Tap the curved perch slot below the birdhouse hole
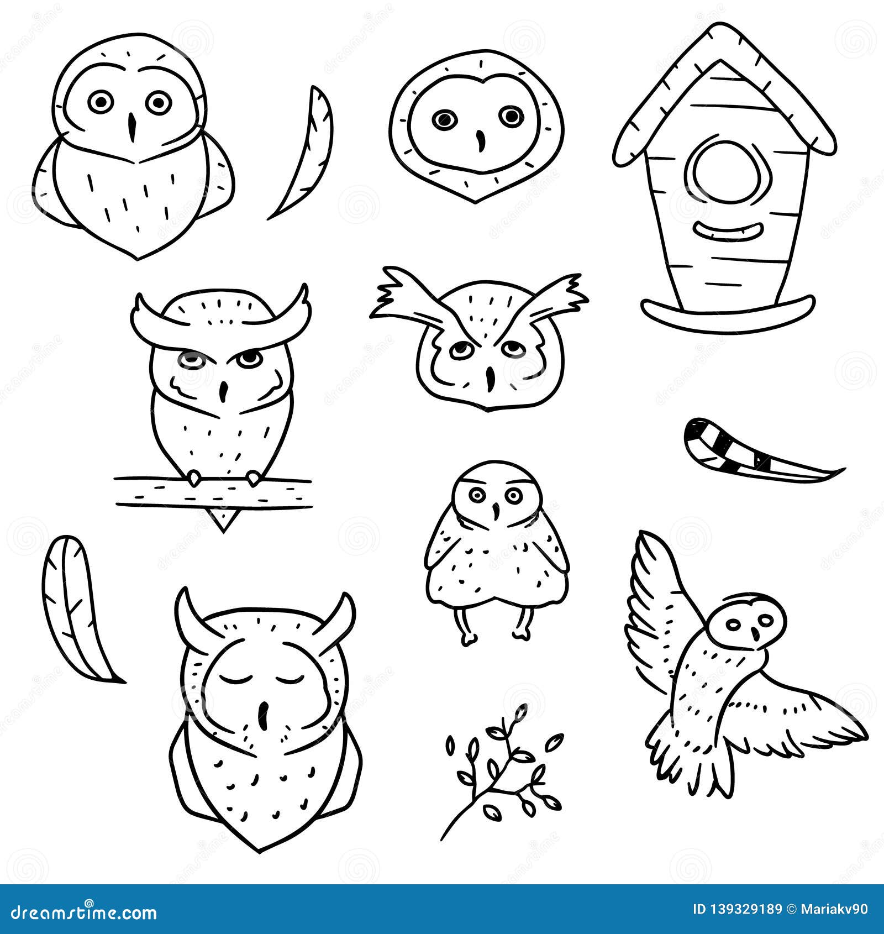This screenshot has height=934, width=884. click(724, 230)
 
